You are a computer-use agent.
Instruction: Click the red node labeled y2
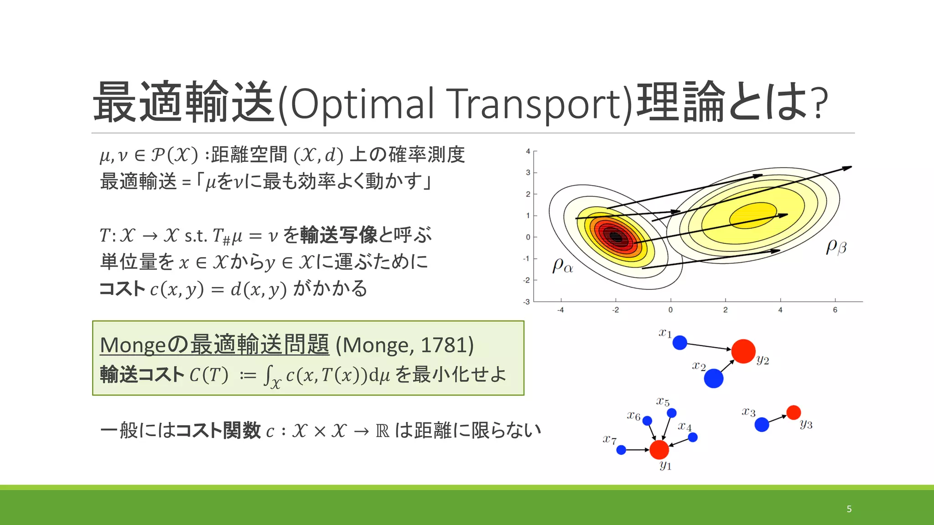[x=743, y=351]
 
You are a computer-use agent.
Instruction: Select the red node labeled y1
[x=659, y=450]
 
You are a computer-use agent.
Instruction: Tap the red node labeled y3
[x=794, y=412]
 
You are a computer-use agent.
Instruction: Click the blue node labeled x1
[x=680, y=342]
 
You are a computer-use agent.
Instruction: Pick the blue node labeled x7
[x=621, y=450]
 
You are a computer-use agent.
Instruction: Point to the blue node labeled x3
[x=762, y=425]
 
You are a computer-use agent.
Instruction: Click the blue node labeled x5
[x=672, y=413]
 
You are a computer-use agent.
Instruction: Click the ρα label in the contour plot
[x=563, y=266]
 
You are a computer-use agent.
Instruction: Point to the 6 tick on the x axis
[x=835, y=310]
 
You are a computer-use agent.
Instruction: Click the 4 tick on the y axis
[x=528, y=151]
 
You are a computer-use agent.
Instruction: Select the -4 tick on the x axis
[x=560, y=310]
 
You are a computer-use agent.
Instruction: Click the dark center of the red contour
[x=616, y=237]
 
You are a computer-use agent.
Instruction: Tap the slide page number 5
[x=849, y=509]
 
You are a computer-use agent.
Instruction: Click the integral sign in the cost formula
[x=268, y=376]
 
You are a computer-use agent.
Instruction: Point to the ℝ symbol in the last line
[x=382, y=431]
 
